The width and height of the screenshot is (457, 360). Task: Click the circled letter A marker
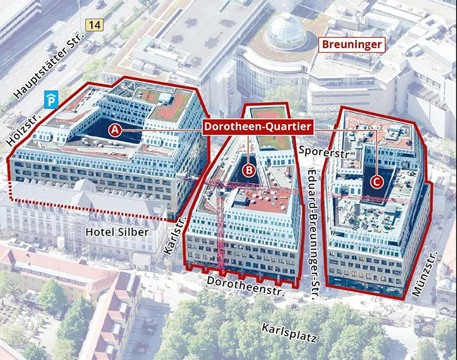[115, 130]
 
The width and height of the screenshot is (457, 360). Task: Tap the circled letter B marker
[248, 169]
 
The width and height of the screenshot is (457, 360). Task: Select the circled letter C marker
[377, 181]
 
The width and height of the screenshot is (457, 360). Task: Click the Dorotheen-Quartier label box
[257, 127]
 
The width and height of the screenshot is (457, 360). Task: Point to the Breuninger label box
[353, 45]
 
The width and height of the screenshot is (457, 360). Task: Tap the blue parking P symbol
[50, 100]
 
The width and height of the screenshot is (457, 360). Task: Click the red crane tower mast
[220, 225]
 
